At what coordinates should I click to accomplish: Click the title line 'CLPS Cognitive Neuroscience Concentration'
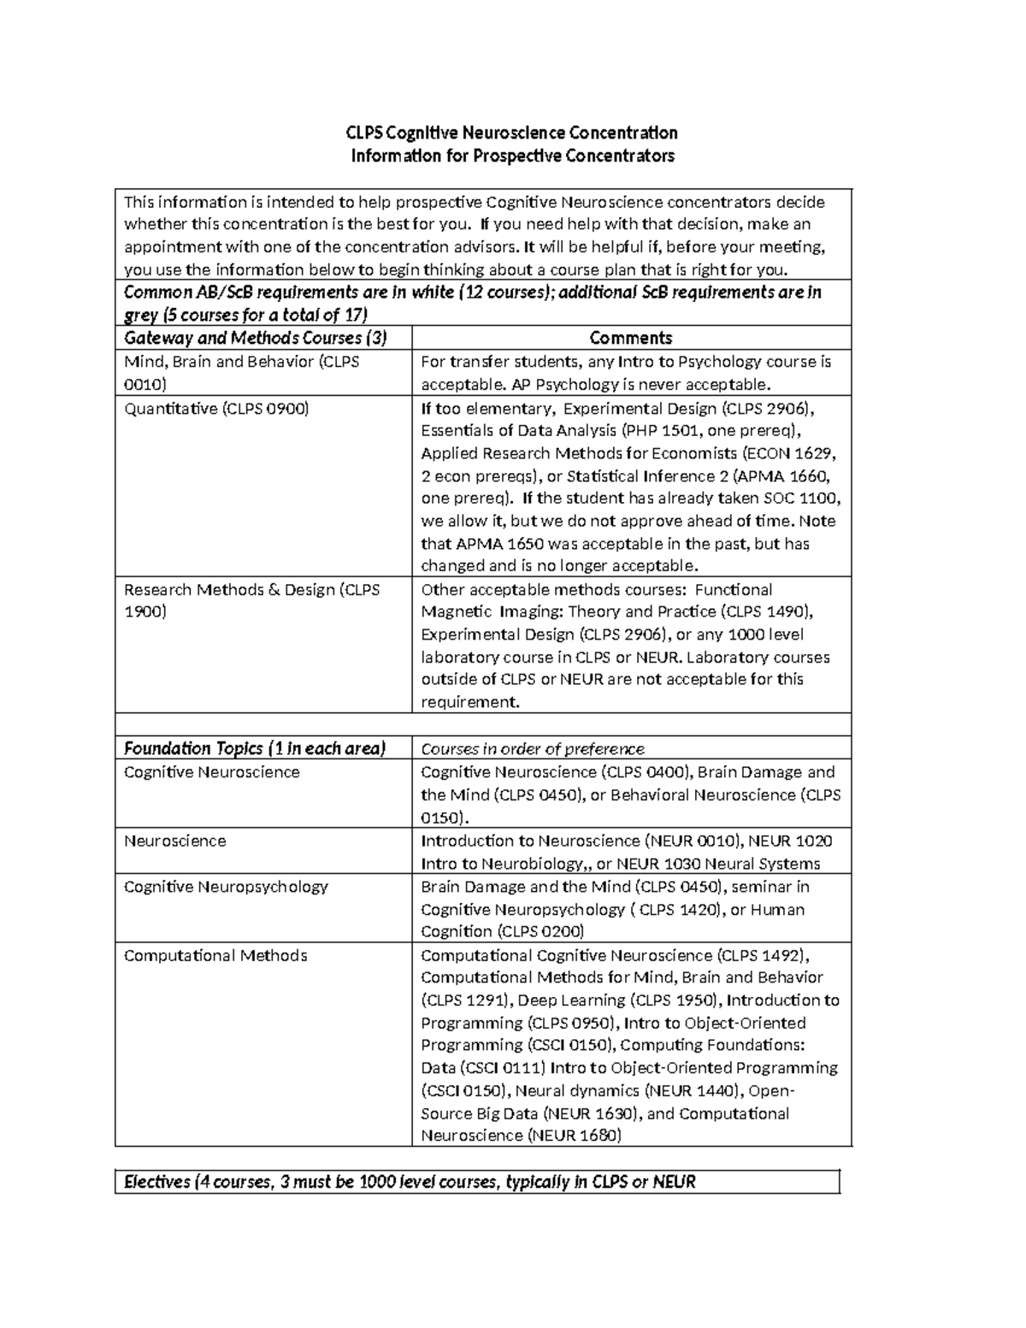point(511,133)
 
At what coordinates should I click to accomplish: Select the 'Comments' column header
point(631,338)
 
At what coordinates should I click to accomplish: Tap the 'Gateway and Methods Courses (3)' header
point(256,338)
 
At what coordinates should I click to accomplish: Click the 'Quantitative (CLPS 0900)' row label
point(216,409)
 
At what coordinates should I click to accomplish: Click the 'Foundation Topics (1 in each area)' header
point(255,749)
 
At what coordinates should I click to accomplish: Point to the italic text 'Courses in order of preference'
point(533,749)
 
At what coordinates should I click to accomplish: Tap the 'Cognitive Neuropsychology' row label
point(226,887)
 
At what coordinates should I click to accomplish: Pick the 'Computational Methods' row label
point(215,955)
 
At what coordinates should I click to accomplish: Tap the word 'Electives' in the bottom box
point(157,1183)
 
